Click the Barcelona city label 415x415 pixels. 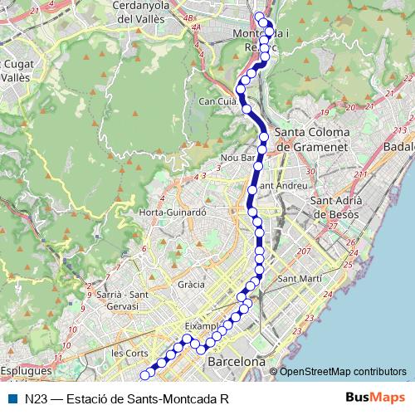click(x=237, y=363)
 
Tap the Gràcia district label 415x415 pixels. click(x=191, y=284)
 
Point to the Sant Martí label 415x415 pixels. click(x=300, y=279)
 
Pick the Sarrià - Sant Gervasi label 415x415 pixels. click(x=120, y=300)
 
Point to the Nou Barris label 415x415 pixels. click(x=237, y=157)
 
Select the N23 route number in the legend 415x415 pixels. click(x=35, y=398)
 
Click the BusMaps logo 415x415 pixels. click(x=376, y=398)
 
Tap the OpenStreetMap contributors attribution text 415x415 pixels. click(x=342, y=371)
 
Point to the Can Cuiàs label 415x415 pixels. click(x=218, y=101)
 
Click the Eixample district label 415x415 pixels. click(x=203, y=325)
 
